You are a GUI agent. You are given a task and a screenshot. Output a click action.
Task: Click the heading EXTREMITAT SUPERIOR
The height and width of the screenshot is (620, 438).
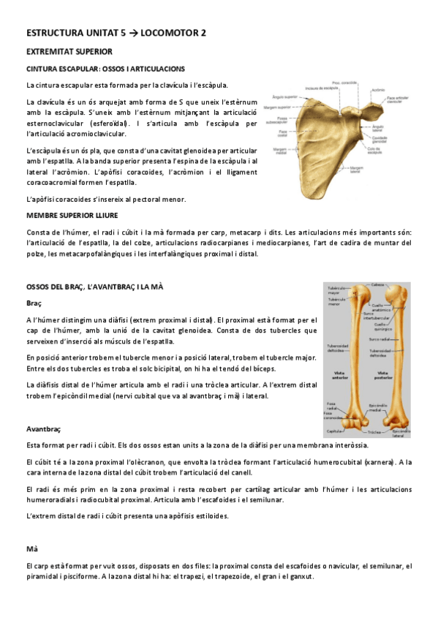pos(69,52)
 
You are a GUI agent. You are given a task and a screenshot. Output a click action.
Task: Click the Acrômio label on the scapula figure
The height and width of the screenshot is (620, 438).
pos(378,91)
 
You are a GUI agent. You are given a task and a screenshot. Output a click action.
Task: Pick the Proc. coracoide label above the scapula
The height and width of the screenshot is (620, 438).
pos(344,82)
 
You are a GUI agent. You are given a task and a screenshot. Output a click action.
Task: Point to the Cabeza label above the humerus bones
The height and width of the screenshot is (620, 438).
pos(378,284)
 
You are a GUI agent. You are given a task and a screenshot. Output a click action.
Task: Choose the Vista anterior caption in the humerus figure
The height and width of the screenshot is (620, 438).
pos(340,374)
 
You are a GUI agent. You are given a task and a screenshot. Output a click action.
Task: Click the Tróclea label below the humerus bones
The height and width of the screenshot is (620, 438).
pos(374,433)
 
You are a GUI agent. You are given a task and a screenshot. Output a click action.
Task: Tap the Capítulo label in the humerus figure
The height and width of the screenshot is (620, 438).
pos(336,431)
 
